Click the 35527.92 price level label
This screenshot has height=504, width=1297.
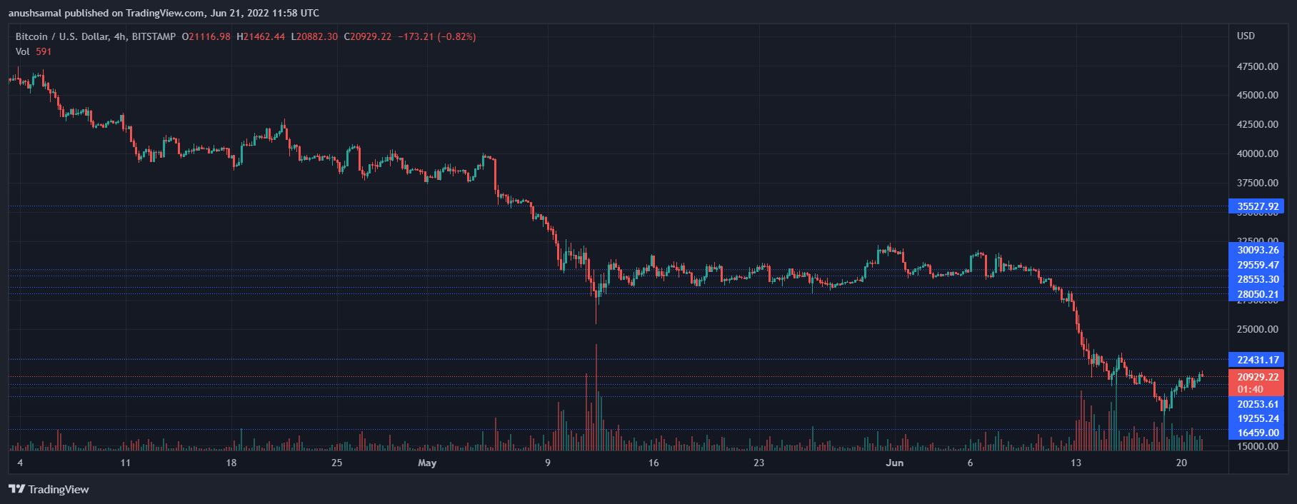pos(1256,207)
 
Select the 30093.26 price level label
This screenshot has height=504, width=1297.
pos(1256,250)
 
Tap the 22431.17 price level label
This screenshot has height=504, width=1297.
pos(1256,360)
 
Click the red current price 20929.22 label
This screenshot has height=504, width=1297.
pos(1256,377)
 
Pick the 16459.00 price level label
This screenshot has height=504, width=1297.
pos(1256,433)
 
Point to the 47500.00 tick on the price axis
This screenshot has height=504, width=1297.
pos(1257,66)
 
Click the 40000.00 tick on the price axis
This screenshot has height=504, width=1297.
pos(1257,153)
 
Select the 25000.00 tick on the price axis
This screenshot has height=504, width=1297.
pos(1257,329)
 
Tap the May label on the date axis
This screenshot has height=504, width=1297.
pos(427,463)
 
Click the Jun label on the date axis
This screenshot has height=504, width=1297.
pos(894,463)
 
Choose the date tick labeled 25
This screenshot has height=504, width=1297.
pos(336,463)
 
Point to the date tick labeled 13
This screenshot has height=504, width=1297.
pos(1076,463)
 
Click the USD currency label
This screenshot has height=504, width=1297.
pos(1246,36)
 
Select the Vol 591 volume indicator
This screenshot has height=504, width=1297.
pos(34,51)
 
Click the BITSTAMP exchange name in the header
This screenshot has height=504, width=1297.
pos(154,36)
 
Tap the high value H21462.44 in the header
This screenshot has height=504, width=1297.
pos(261,36)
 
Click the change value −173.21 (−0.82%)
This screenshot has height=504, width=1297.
pos(436,36)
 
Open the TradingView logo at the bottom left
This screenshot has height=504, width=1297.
pos(49,489)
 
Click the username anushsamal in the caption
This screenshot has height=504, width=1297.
pos(34,13)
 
